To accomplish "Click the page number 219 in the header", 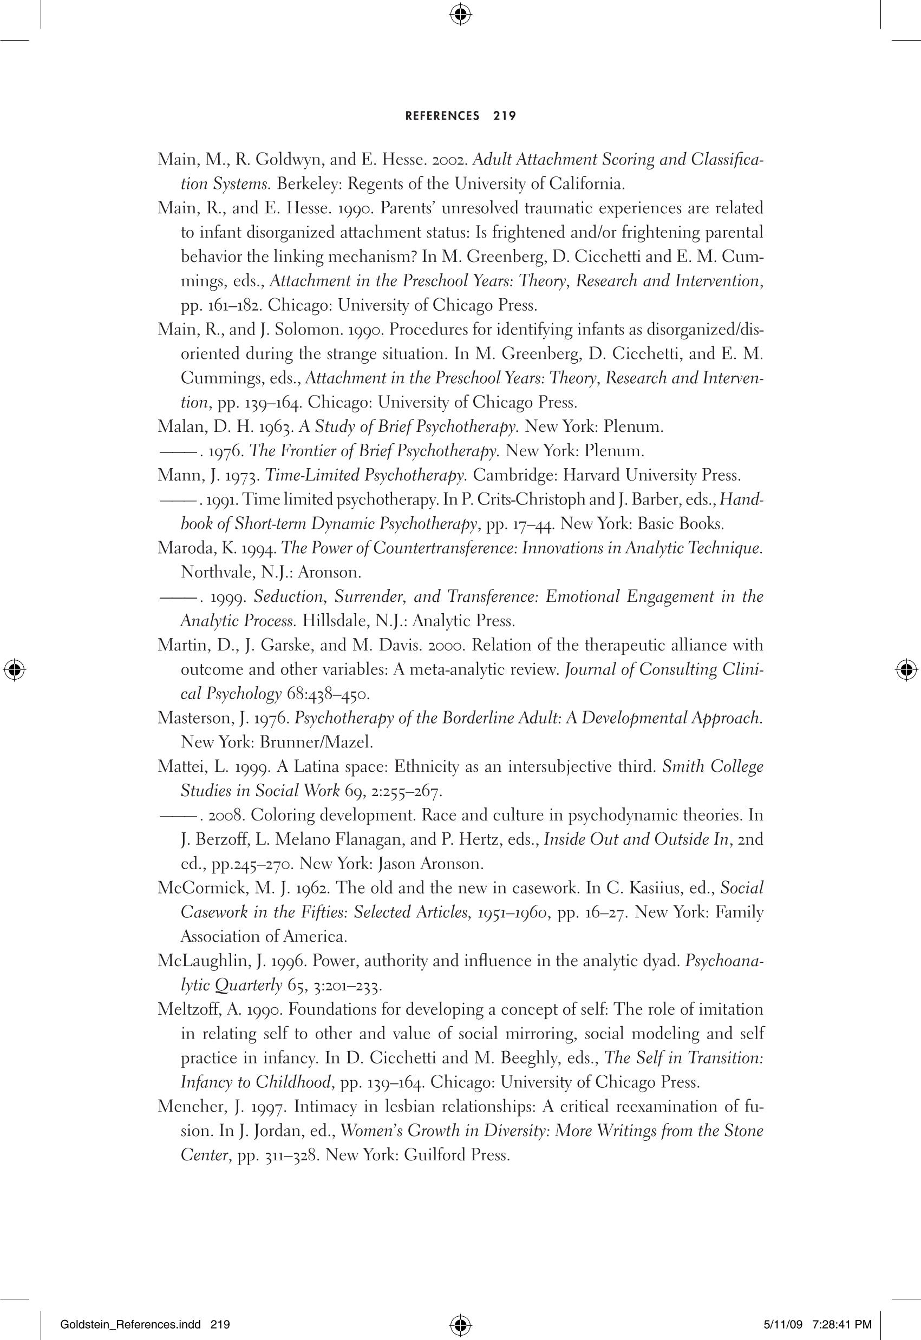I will coord(505,116).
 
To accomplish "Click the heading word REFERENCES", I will coord(442,116).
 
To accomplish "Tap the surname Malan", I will coord(177,427).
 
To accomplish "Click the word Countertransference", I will coord(445,548).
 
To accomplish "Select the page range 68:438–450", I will coord(328,694).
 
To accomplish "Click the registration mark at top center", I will coord(460,15).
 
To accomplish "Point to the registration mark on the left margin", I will coord(15,669).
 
